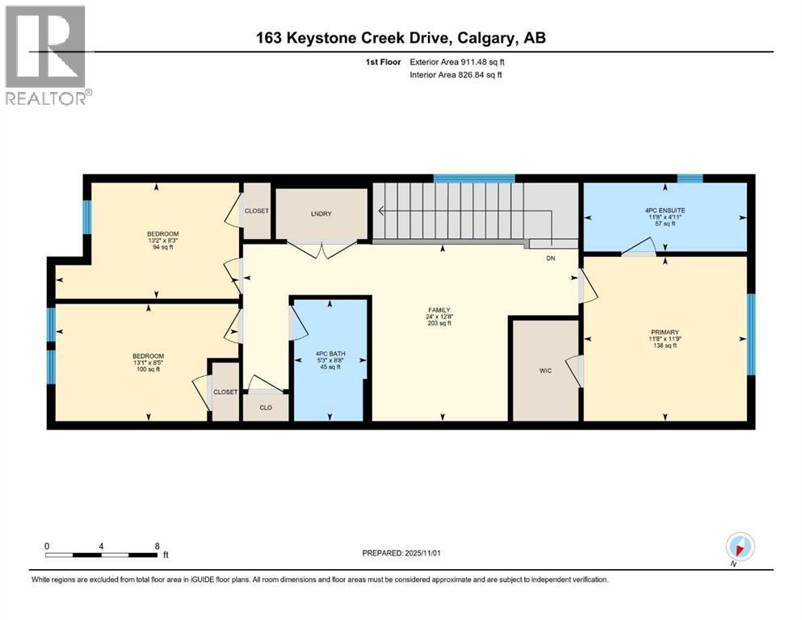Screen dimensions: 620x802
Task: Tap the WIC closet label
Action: click(546, 372)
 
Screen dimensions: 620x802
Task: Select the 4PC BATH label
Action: click(330, 353)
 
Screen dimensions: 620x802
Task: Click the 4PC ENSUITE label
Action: click(665, 211)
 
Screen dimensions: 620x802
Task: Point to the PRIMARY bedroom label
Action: click(665, 332)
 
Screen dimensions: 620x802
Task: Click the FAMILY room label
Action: click(439, 309)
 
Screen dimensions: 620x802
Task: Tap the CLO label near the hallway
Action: click(265, 408)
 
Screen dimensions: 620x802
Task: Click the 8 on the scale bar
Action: click(157, 546)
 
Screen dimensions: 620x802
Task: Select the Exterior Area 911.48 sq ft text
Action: click(460, 61)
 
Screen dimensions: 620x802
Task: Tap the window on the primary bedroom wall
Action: click(750, 334)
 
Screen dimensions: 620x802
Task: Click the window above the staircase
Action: click(474, 178)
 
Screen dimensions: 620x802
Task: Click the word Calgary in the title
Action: click(496, 37)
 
